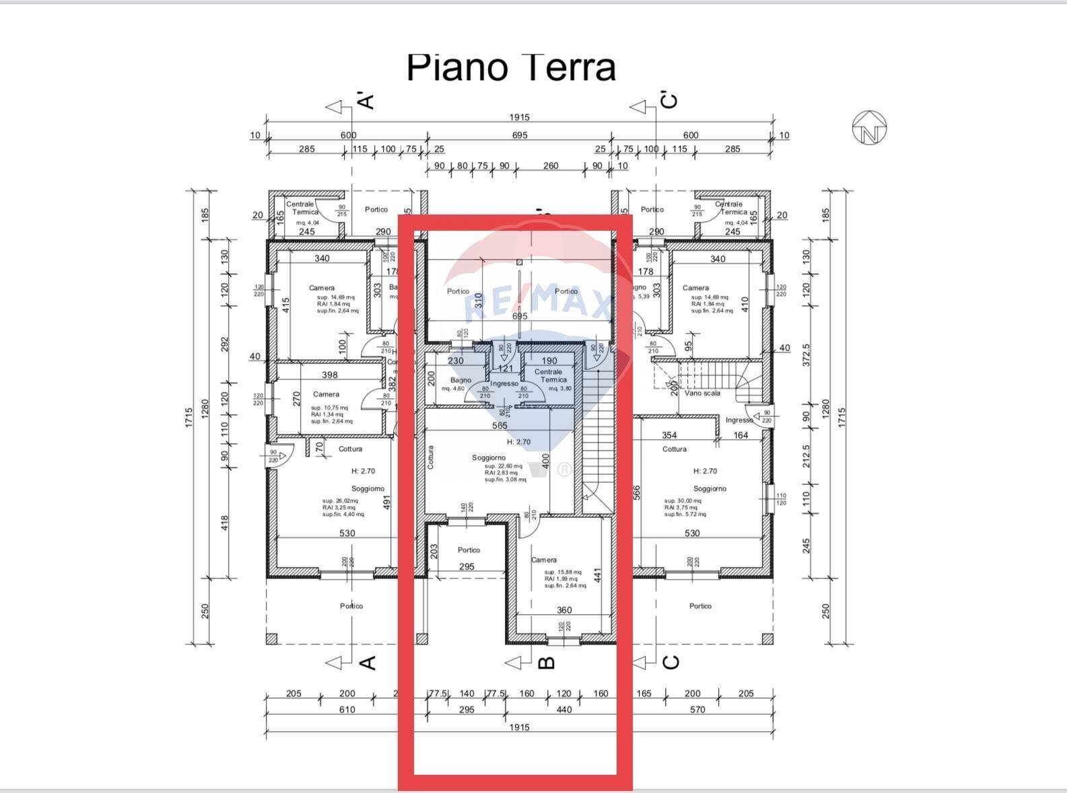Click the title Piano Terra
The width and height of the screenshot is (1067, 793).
click(511, 67)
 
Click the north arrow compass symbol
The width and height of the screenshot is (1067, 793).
click(869, 128)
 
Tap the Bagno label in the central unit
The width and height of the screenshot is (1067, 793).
click(461, 380)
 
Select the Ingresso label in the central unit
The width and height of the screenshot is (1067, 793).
click(504, 383)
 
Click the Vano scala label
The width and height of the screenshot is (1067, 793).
click(702, 393)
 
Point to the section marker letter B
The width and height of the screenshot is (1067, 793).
click(548, 663)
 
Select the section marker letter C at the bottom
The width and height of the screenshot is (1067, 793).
click(671, 663)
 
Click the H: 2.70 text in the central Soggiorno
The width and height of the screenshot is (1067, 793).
click(518, 442)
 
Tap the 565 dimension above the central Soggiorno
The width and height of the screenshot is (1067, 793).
click(500, 425)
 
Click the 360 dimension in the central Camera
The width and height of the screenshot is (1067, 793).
click(564, 610)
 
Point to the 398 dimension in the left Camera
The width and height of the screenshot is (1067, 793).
click(330, 375)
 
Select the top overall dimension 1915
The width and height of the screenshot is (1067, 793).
click(519, 117)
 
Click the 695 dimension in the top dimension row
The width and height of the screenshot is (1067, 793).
click(519, 135)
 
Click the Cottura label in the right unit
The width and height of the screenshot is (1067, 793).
click(675, 449)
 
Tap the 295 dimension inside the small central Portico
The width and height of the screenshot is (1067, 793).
click(467, 566)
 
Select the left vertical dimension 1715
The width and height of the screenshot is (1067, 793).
click(189, 417)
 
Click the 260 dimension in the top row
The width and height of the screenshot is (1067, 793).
click(551, 165)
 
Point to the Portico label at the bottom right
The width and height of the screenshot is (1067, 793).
click(700, 606)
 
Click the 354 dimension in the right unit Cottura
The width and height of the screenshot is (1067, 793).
click(669, 435)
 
